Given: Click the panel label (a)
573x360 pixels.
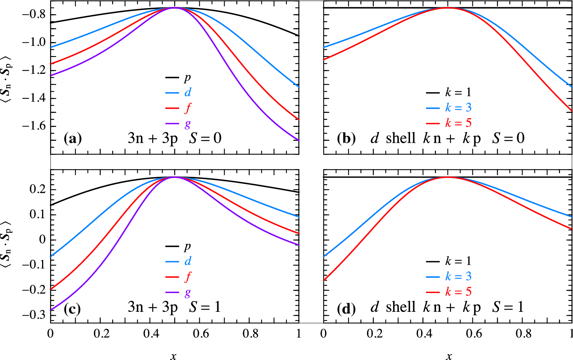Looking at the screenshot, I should point(73,138).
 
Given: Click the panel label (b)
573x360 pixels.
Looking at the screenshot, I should point(346,138).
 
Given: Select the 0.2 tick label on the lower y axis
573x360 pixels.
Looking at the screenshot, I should point(37,189).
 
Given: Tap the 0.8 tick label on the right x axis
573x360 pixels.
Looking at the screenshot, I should point(523,334).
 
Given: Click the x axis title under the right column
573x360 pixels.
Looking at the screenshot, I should point(449,356).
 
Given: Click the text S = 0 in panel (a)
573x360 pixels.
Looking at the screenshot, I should point(205,138).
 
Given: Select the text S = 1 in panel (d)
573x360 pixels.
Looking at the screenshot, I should point(508,307).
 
